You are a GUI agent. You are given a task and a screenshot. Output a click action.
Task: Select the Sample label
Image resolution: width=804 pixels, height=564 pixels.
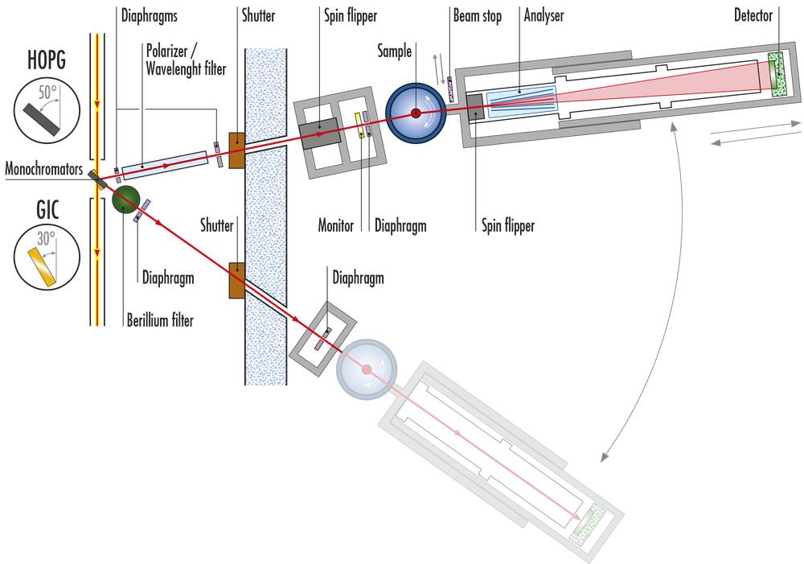(395, 51)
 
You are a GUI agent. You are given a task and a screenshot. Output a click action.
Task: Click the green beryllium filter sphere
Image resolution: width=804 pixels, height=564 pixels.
(125, 200)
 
